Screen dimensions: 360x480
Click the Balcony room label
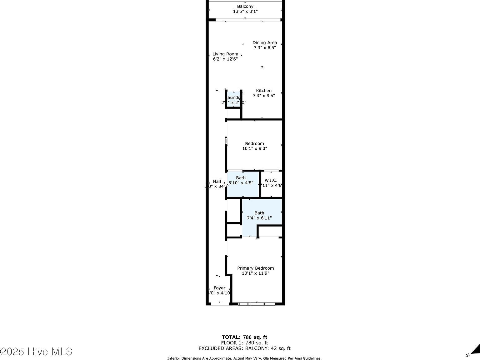(245, 6)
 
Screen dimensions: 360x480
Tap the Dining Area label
(264, 42)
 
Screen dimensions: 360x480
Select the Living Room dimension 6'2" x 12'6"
(225, 59)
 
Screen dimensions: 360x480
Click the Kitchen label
(264, 91)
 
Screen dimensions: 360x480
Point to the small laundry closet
(233, 100)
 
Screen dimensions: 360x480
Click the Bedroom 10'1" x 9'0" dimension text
(254, 149)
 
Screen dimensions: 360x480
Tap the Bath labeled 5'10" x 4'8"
(241, 180)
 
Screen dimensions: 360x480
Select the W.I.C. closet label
(271, 180)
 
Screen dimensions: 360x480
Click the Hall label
(217, 181)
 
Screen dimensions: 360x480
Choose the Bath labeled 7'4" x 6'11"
(259, 215)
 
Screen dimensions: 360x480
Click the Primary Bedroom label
(255, 268)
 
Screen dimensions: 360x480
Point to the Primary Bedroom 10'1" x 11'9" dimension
(255, 273)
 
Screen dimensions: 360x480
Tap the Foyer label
(219, 288)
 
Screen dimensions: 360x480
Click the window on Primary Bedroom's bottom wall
(257, 304)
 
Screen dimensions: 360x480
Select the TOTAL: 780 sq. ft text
(244, 337)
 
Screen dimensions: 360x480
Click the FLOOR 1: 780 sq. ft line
(244, 343)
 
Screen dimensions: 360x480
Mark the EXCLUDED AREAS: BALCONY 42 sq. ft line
(244, 348)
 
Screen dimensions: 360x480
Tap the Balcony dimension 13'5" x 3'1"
(245, 12)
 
